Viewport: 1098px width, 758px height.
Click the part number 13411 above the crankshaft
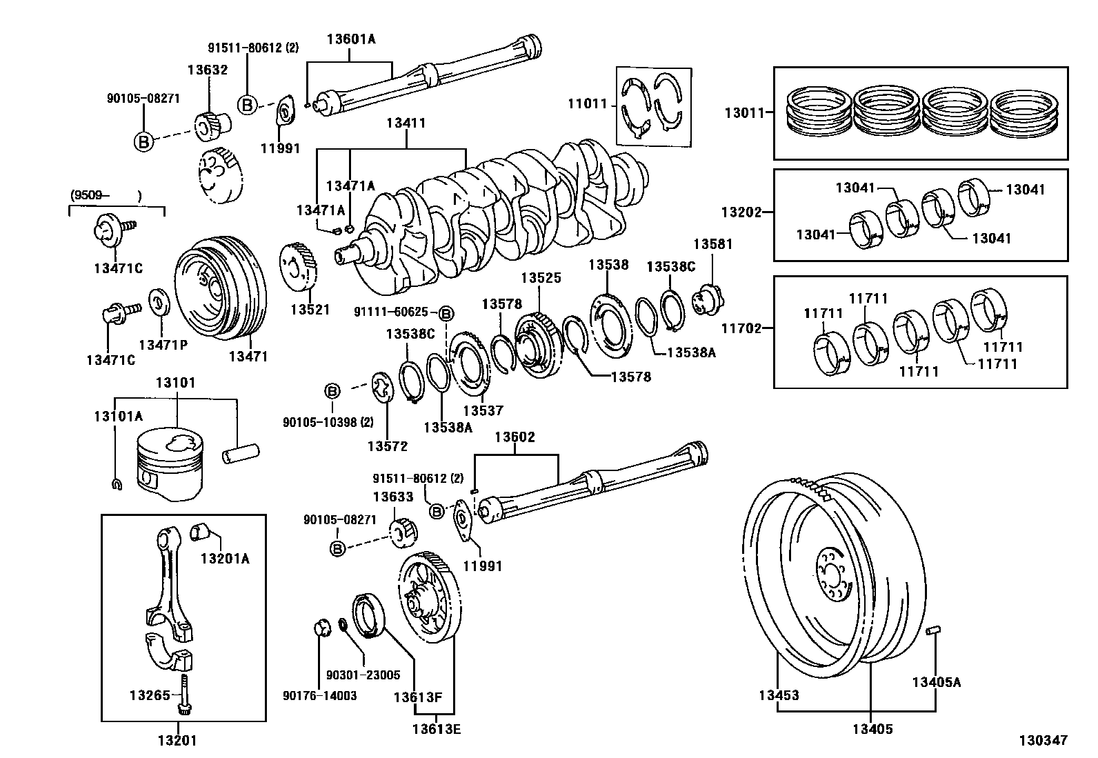pyautogui.click(x=406, y=124)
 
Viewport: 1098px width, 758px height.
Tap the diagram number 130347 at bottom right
pyautogui.click(x=1044, y=740)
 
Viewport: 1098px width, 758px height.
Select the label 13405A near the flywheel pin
pyautogui.click(x=935, y=682)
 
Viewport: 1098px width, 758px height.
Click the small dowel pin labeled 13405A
pyautogui.click(x=934, y=630)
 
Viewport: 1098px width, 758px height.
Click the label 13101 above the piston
pyautogui.click(x=175, y=382)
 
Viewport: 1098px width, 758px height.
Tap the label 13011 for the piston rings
pyautogui.click(x=744, y=112)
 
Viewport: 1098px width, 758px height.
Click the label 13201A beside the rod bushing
pyautogui.click(x=225, y=558)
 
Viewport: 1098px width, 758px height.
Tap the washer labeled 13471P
pyautogui.click(x=157, y=301)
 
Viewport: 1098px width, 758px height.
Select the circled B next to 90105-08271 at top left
pyautogui.click(x=143, y=142)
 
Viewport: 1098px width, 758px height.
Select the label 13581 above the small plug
pyautogui.click(x=712, y=244)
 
